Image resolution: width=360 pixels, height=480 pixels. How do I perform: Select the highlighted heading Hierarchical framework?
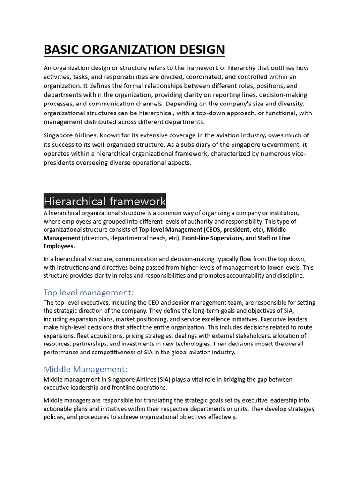click(105, 202)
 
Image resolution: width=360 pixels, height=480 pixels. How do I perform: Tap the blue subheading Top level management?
click(89, 292)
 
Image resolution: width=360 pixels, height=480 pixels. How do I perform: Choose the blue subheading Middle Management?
click(85, 369)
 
